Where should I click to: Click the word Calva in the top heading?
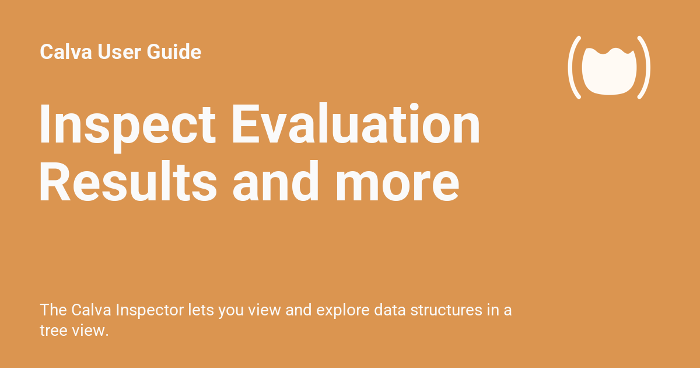[66, 51]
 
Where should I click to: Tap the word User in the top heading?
[119, 51]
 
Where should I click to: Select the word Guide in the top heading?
[174, 51]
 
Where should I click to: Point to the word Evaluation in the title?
[356, 123]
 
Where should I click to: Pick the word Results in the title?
[128, 181]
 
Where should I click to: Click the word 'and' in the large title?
[275, 181]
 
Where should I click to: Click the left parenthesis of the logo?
[574, 67]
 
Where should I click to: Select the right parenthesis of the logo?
[645, 67]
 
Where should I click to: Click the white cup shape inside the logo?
[609, 71]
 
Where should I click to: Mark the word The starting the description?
[54, 310]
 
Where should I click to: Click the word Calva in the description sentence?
[91, 310]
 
